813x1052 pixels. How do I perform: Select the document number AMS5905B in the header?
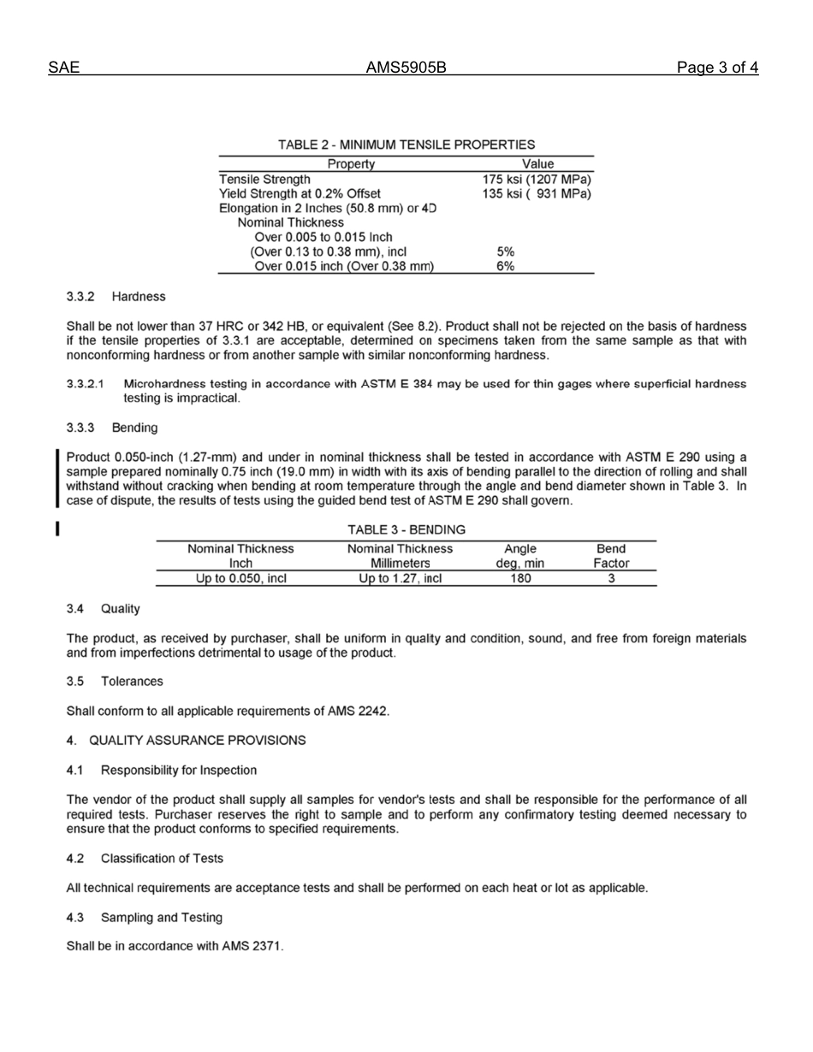[x=406, y=68]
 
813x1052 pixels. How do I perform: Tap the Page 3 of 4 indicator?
[x=717, y=68]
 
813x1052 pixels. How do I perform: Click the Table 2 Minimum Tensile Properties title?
[x=406, y=145]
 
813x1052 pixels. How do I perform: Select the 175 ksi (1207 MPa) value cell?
[x=537, y=180]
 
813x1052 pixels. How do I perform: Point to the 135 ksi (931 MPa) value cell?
[x=537, y=194]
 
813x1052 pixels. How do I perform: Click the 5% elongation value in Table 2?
[x=506, y=252]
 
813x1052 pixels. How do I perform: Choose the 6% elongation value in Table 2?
[x=506, y=267]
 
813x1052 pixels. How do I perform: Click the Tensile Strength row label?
[x=264, y=180]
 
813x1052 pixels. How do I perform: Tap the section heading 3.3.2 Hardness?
[x=116, y=297]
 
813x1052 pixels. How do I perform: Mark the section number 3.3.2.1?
[x=86, y=384]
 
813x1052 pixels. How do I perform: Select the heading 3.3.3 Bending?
[x=112, y=427]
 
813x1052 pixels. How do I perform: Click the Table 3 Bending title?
[x=406, y=530]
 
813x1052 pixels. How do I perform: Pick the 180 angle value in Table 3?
[x=520, y=578]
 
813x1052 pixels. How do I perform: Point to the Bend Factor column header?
[x=611, y=556]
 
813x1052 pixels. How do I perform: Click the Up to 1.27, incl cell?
[x=400, y=578]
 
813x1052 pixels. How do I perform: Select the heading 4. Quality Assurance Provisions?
[x=186, y=740]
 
